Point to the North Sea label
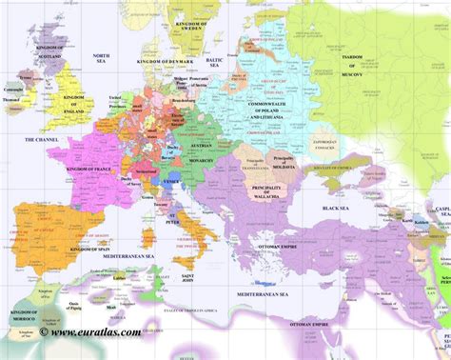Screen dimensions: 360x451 tap(101, 59)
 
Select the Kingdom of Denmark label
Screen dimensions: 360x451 tap(166, 62)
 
